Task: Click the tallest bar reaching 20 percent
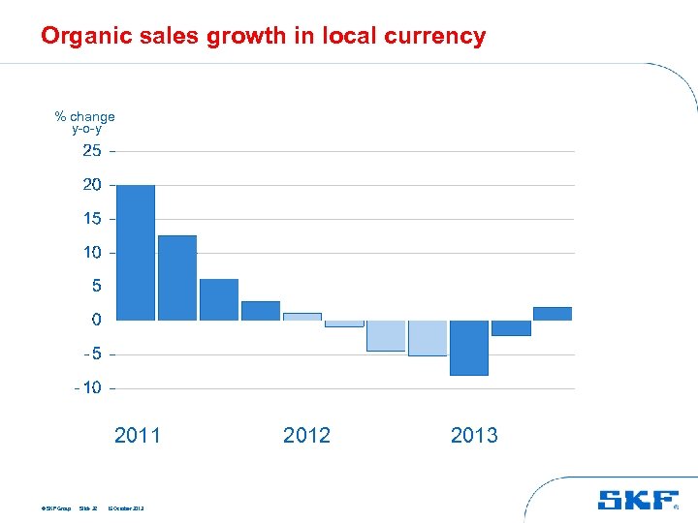click(x=135, y=252)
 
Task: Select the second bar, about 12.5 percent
click(x=177, y=278)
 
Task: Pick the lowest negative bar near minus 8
click(x=469, y=348)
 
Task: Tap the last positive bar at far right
click(x=553, y=313)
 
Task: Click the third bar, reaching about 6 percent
click(x=219, y=299)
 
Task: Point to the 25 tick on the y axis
click(x=92, y=151)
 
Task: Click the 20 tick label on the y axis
click(x=92, y=185)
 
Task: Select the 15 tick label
click(x=92, y=219)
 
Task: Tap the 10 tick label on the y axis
click(x=92, y=253)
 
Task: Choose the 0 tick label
click(x=96, y=320)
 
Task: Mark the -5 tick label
click(x=91, y=354)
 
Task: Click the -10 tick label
click(x=89, y=388)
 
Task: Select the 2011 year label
click(x=138, y=436)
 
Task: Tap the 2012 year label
click(x=306, y=436)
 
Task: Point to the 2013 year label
click(x=474, y=436)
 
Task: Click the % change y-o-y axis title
click(x=85, y=122)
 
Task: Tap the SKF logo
click(x=637, y=500)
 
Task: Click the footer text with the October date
click(x=126, y=508)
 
